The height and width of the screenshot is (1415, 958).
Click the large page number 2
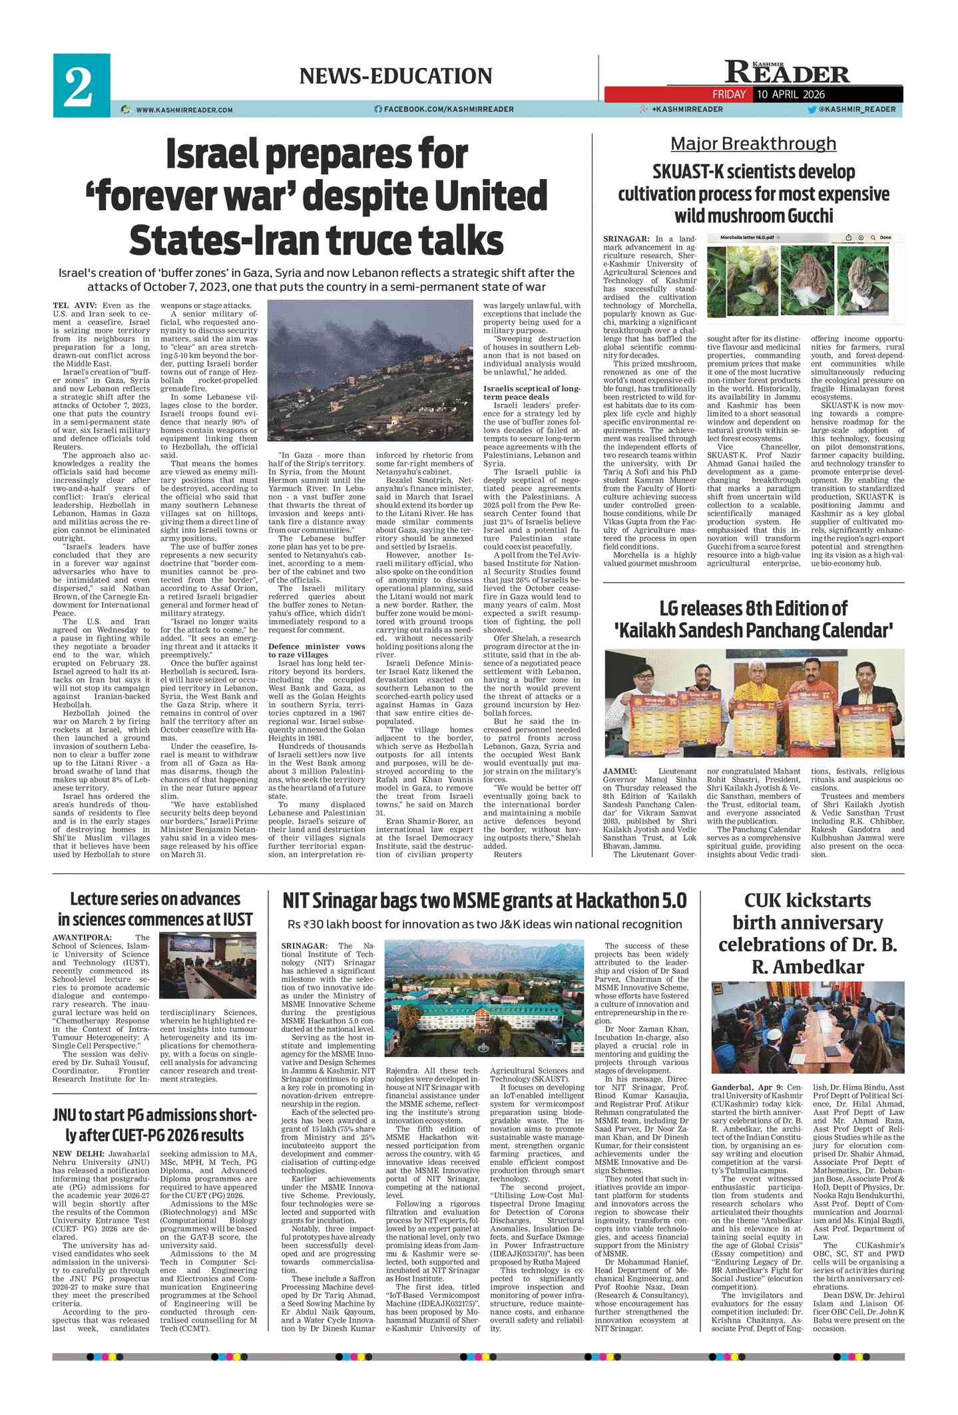[79, 86]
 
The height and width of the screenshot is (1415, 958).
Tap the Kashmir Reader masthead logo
[787, 71]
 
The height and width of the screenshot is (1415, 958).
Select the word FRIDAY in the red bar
[729, 94]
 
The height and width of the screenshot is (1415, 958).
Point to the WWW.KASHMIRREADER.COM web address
[184, 110]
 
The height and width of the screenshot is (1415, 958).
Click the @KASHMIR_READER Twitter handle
[857, 109]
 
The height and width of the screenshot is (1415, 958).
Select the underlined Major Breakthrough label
[753, 144]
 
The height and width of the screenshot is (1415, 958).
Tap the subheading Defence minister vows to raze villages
[316, 650]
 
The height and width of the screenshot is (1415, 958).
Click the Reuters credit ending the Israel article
[508, 854]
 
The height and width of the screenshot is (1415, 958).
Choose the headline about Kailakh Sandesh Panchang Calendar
[753, 619]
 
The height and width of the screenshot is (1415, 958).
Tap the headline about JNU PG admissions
[154, 1125]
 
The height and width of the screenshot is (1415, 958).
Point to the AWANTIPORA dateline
[82, 937]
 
